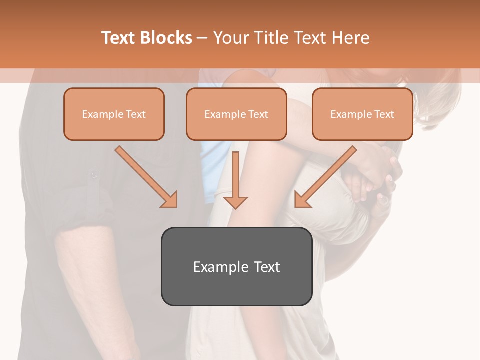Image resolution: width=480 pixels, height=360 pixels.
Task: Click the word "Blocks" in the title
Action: tap(167, 38)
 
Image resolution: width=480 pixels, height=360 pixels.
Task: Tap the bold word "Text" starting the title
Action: tap(120, 38)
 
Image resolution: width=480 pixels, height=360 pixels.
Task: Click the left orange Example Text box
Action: tap(114, 114)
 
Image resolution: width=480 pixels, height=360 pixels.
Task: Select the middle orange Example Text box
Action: tap(236, 114)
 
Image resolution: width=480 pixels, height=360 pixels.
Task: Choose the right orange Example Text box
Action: tap(362, 114)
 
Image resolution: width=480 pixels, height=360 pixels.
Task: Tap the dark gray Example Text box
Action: tap(236, 266)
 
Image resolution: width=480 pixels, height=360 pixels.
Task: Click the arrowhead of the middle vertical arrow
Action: tap(235, 202)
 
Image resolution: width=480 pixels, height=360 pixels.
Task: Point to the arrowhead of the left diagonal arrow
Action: tap(169, 199)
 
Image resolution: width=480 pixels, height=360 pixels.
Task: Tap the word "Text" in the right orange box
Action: tap(384, 114)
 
